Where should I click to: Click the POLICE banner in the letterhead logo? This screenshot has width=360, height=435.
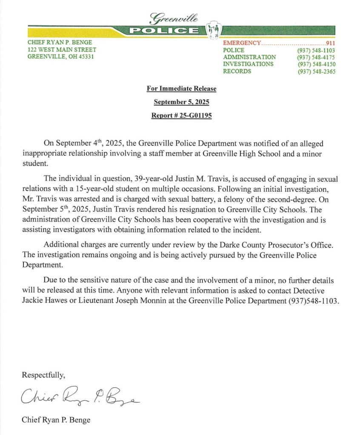[x=164, y=30]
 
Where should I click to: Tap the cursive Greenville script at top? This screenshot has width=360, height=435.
[x=174, y=17]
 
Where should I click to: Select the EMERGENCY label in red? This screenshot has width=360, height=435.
[x=241, y=43]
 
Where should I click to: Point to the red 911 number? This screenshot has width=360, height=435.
[x=330, y=43]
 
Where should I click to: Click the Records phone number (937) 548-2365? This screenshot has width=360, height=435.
[x=317, y=72]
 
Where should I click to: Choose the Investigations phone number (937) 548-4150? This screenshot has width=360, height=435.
[x=317, y=64]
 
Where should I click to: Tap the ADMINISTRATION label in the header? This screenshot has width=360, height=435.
[x=249, y=57]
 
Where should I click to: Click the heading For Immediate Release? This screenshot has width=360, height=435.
[x=182, y=89]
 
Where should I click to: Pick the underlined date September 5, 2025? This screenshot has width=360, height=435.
[x=182, y=102]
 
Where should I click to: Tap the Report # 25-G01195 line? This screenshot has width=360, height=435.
[x=182, y=115]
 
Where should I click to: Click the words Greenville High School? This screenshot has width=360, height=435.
[x=245, y=154]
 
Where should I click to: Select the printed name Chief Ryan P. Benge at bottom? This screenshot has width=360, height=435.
[x=56, y=420]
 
